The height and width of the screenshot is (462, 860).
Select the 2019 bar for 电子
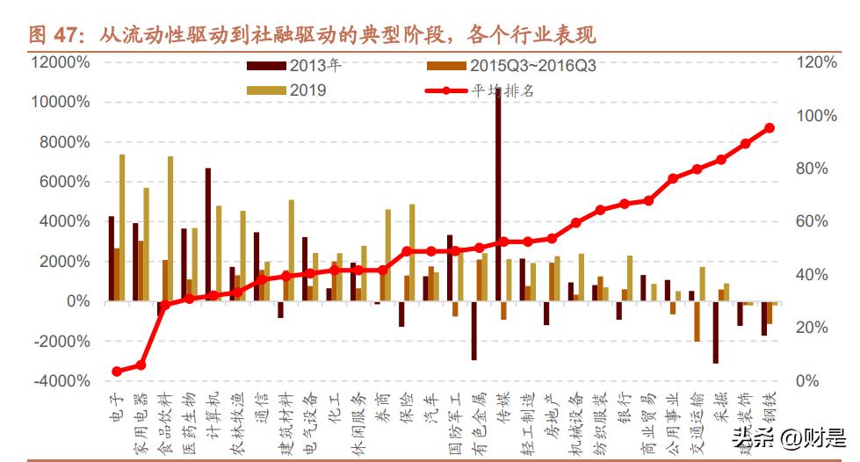[x=122, y=228]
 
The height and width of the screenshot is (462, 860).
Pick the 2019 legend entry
[x=290, y=90]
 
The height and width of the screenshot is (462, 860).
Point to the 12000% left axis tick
[x=60, y=62]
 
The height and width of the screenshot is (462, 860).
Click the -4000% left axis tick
[x=60, y=381]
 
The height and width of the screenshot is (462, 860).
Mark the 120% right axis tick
[x=816, y=62]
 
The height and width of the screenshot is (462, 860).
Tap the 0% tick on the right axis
[x=807, y=381]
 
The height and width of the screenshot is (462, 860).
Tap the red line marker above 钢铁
[x=770, y=128]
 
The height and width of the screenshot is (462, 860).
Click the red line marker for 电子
[x=117, y=372]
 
